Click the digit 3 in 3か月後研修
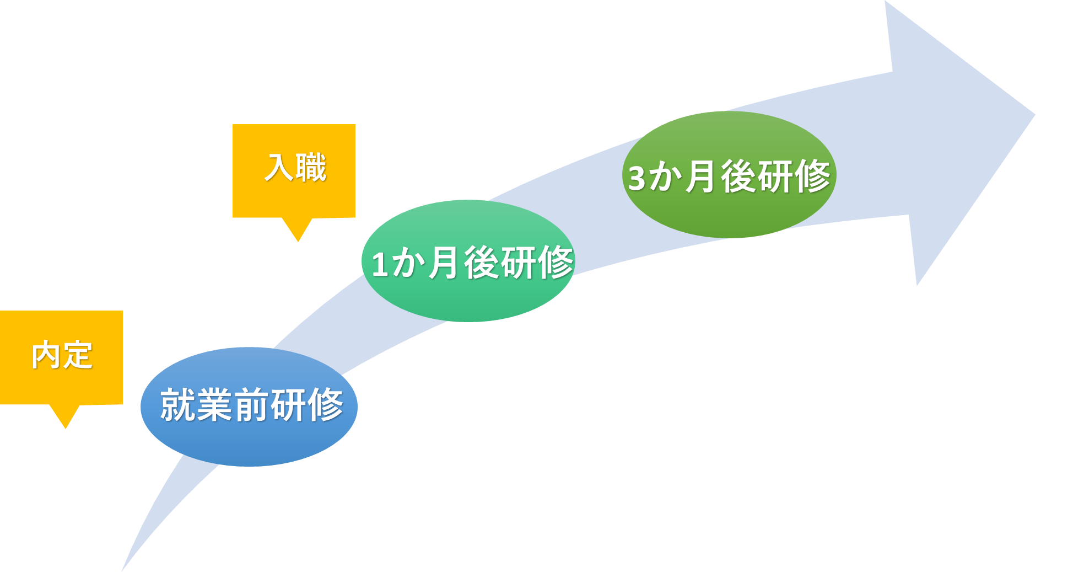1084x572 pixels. coord(637,178)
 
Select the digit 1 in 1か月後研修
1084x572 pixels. coord(380,264)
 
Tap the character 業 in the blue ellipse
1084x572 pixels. coord(214,405)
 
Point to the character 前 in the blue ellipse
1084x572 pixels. coord(252,405)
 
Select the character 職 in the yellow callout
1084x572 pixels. coord(311,168)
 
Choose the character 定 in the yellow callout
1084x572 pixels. coord(78,355)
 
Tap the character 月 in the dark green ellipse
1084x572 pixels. coord(700,177)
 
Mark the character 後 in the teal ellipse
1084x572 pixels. coord(482,263)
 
